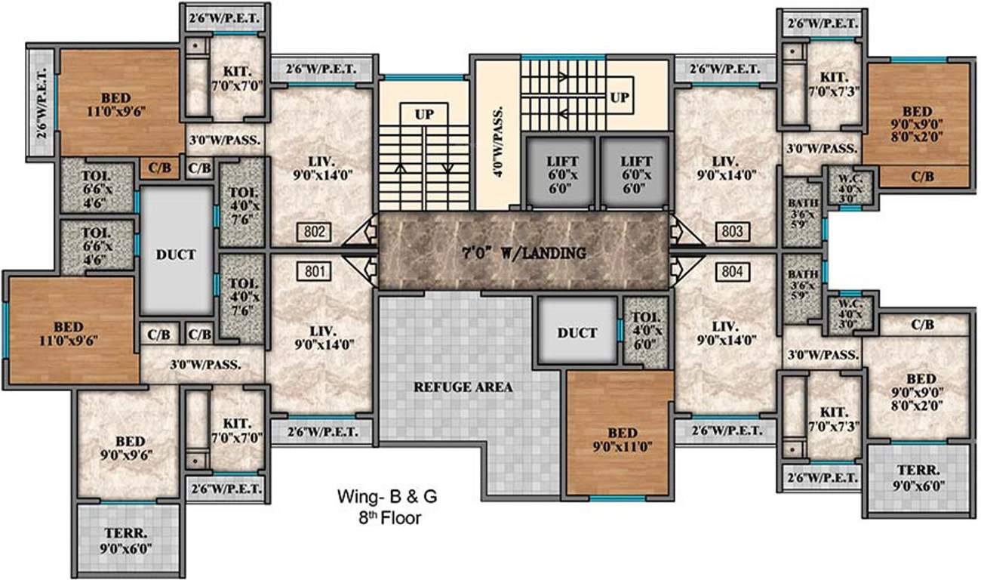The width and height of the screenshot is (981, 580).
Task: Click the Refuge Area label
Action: pos(463,387)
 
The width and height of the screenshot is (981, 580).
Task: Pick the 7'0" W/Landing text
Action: pos(523,253)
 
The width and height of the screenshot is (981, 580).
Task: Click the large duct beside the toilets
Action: pos(177,255)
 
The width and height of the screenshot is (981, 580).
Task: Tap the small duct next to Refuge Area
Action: pos(577,332)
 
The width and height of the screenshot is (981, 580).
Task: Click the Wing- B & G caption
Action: pos(387,498)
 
